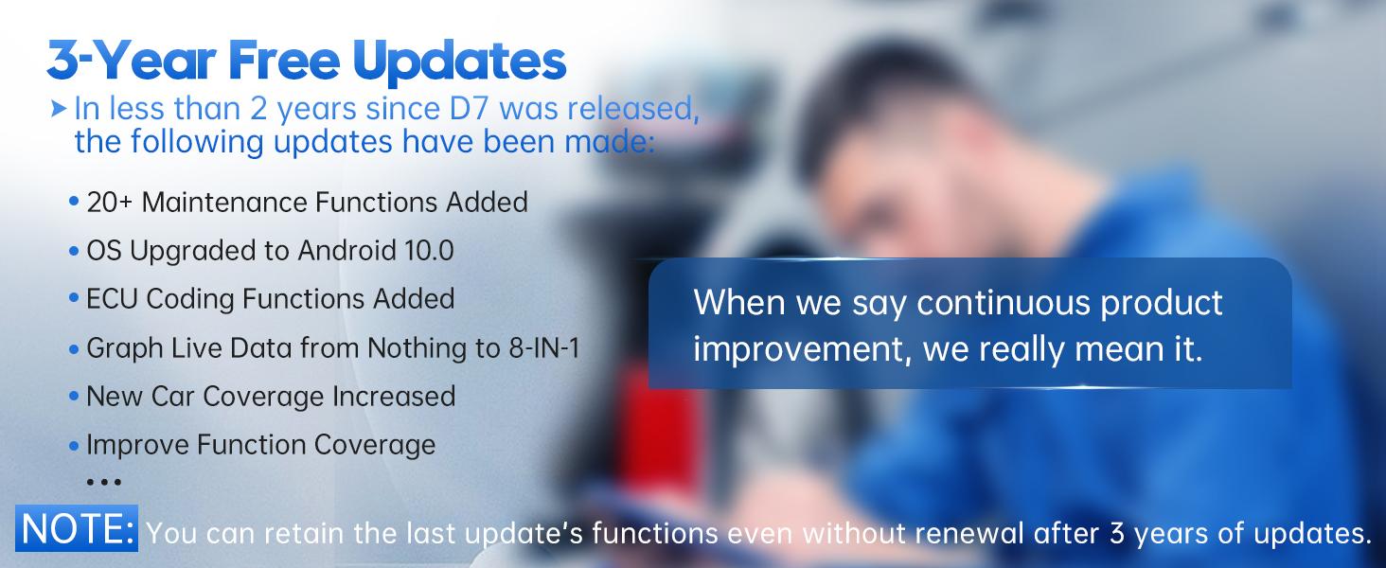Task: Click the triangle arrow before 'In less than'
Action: click(x=61, y=108)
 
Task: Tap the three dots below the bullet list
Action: click(x=103, y=482)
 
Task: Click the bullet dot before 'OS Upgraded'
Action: click(x=74, y=252)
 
